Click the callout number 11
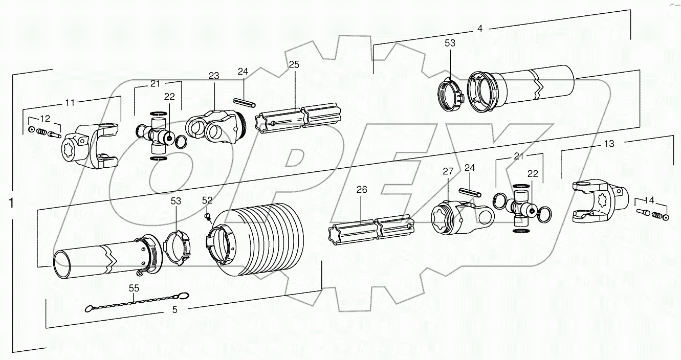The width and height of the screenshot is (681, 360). (x=70, y=103)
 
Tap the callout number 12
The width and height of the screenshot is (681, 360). (x=46, y=119)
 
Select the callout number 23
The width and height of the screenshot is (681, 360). (x=214, y=76)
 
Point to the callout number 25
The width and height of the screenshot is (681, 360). (x=294, y=64)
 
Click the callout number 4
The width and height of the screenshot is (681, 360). (x=479, y=29)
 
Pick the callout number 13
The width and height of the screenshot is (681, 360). (x=609, y=145)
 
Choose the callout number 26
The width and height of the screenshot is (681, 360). (x=362, y=190)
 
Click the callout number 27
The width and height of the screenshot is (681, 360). (x=448, y=171)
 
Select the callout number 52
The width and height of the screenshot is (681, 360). (x=207, y=199)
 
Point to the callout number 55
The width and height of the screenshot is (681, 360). (x=134, y=288)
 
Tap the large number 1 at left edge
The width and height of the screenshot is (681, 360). (x=11, y=203)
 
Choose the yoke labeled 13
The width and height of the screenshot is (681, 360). (x=599, y=199)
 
